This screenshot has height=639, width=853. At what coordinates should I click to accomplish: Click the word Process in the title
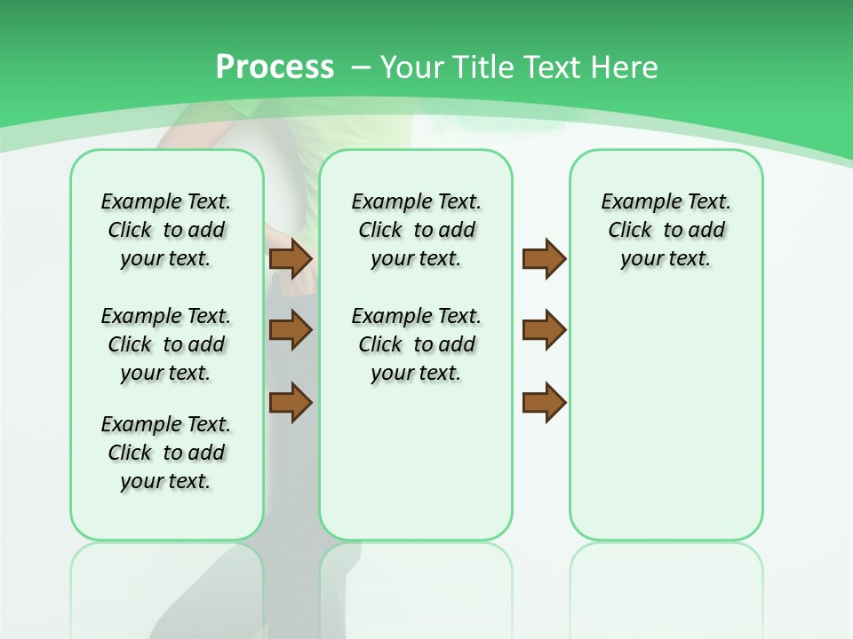click(275, 67)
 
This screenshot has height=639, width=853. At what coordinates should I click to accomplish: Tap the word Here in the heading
click(626, 67)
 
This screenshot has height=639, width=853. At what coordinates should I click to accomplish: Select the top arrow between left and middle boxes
click(290, 259)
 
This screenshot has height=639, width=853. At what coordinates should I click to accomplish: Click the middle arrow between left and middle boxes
click(290, 330)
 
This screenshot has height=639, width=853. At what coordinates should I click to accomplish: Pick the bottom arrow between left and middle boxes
click(290, 402)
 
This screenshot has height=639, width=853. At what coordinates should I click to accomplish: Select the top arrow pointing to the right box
click(544, 259)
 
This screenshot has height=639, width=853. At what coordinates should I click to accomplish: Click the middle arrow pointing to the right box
click(544, 330)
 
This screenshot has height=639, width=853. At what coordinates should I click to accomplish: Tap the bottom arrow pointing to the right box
click(544, 402)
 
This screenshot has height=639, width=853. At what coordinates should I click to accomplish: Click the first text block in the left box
click(166, 230)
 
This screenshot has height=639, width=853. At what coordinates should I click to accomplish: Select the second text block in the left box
click(166, 344)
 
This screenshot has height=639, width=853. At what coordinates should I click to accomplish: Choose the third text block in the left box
click(166, 453)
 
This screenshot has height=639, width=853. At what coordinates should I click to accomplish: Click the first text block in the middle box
click(416, 230)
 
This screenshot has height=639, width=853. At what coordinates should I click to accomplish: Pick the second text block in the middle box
click(416, 344)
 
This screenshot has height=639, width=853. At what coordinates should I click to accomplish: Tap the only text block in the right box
click(666, 230)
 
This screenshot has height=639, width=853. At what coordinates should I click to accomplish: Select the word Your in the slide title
click(412, 67)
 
